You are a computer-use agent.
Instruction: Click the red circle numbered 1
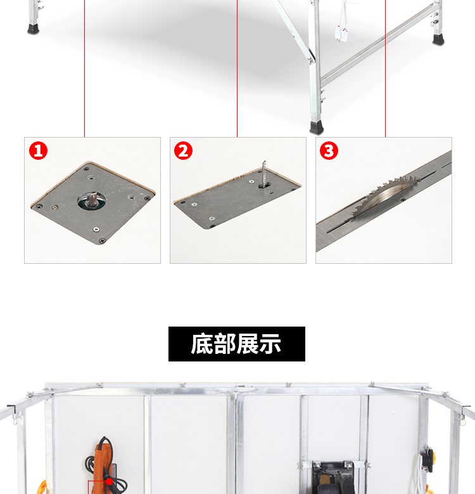point(38,150)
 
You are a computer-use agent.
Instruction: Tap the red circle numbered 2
point(184,150)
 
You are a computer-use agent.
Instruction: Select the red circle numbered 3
point(329,150)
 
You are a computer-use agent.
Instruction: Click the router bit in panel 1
point(92,199)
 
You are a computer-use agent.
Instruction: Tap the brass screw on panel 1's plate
point(54,207)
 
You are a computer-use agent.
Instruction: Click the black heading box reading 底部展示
point(237,344)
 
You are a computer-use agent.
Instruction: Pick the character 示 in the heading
point(270,344)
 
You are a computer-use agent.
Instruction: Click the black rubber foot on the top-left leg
point(33,29)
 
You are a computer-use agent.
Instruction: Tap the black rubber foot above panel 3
point(317,127)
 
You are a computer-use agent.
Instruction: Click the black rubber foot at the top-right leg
point(438,40)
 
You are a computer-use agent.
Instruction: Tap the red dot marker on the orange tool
point(109,482)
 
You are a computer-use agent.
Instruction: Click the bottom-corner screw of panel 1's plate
point(101,241)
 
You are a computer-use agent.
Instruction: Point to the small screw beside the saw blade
point(402,199)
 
